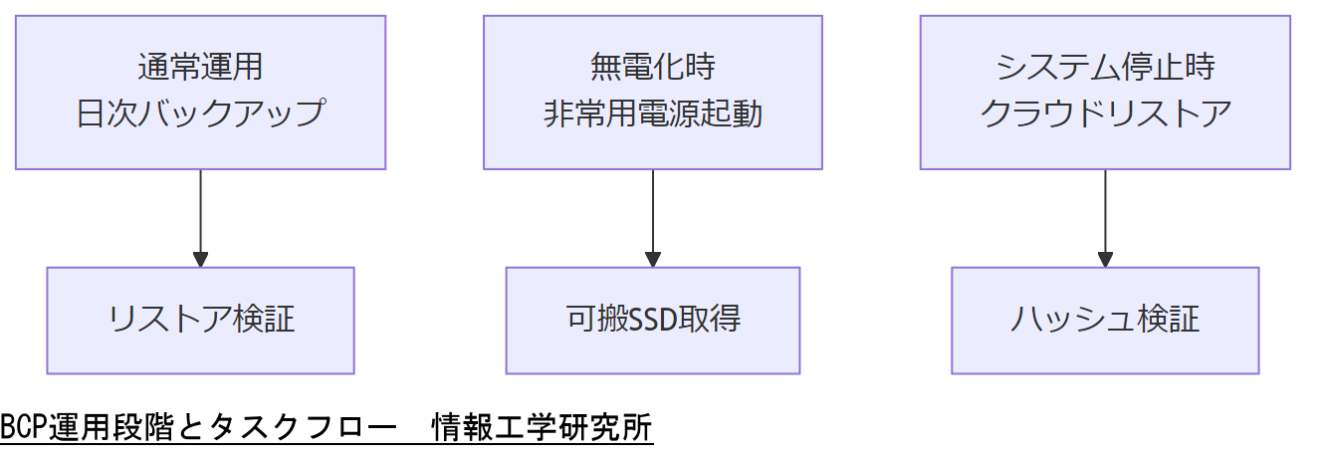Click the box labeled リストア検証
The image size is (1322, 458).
click(x=200, y=320)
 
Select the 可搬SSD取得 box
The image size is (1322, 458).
click(x=652, y=320)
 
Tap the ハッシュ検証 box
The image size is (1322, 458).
click(x=1105, y=320)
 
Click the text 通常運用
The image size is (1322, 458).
click(x=200, y=68)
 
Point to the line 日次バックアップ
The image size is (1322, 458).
click(x=200, y=113)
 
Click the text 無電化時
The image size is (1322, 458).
click(x=652, y=68)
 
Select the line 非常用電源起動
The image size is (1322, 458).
click(x=652, y=113)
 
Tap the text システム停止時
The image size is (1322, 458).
click(x=1105, y=68)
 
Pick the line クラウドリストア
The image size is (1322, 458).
click(x=1105, y=113)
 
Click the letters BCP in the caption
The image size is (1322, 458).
click(x=23, y=429)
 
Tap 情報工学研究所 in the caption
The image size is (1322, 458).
click(x=543, y=429)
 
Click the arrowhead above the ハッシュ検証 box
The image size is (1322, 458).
click(x=1105, y=260)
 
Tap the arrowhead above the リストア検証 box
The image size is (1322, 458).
click(x=200, y=260)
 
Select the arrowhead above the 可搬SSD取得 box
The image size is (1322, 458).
click(x=652, y=260)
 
